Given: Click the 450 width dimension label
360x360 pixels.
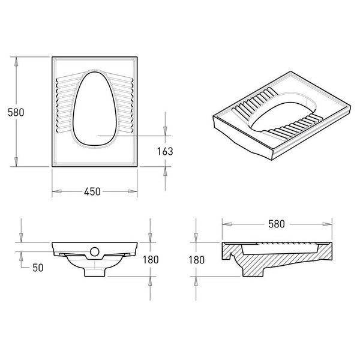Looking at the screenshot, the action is pyautogui.click(x=92, y=192).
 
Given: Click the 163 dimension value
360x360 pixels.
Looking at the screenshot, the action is pyautogui.click(x=165, y=152).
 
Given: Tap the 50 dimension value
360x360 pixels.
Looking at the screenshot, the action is pyautogui.click(x=38, y=268).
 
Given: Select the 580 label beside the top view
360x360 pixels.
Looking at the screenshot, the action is pyautogui.click(x=16, y=113).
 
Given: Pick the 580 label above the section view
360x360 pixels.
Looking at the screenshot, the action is pyautogui.click(x=277, y=224).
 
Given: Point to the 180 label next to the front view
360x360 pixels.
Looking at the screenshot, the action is pyautogui.click(x=151, y=260).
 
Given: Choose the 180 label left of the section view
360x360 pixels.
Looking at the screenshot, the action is pyautogui.click(x=197, y=260).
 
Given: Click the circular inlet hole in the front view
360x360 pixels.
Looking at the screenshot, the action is pyautogui.click(x=95, y=251).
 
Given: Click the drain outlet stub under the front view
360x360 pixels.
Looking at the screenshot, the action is pyautogui.click(x=95, y=272).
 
